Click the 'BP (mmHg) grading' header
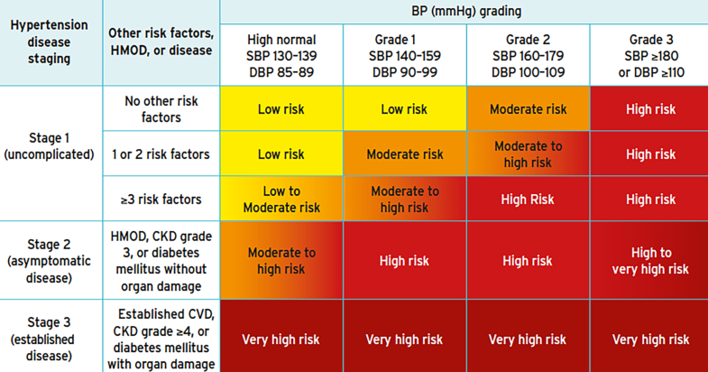pos(464,12)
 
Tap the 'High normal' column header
pos(281,55)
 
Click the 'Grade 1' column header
pos(404,55)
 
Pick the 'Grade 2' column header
pos(528,55)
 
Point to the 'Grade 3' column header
pos(649,55)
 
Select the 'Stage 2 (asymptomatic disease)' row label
pos(50,260)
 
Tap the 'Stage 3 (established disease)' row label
pos(50,336)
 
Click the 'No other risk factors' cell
pos(161,108)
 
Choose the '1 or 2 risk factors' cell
pos(161,154)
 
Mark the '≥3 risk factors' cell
pos(161,199)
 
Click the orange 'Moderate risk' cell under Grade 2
pos(528,109)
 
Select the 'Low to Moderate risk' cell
pos(281,200)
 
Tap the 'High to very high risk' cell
pos(649,261)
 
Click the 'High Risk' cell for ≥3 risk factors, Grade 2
pos(528,200)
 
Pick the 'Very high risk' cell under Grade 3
pos(649,339)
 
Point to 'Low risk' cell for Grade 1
pos(404,109)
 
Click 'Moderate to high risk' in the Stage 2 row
pos(281,261)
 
